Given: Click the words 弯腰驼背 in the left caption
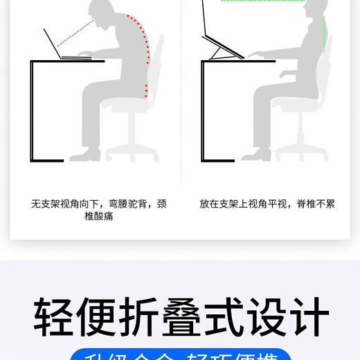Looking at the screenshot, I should coord(128,204).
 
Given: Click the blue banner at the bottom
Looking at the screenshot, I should coord(180,354).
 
